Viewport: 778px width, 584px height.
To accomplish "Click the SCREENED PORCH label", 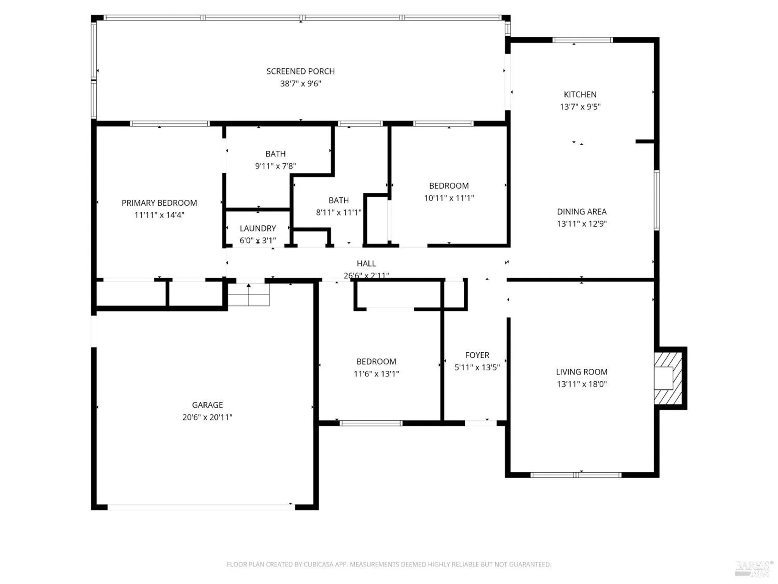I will (x=300, y=71).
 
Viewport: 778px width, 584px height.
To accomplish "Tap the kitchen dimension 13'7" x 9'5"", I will (x=580, y=107).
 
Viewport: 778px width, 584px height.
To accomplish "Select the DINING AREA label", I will (x=582, y=211).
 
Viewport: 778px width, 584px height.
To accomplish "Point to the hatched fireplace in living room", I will (x=668, y=378).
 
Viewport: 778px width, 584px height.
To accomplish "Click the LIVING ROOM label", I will (x=582, y=372).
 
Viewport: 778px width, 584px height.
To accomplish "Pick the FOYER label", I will (x=477, y=355).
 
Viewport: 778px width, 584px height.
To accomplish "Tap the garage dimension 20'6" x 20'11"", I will (x=207, y=417).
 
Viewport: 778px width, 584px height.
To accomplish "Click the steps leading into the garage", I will (x=249, y=295).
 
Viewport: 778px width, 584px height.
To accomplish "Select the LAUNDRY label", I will (x=258, y=228).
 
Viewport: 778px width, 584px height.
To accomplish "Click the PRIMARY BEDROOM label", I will (x=159, y=203).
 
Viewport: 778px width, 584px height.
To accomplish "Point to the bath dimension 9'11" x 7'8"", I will (x=275, y=166).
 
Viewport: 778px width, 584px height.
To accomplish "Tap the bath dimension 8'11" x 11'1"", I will (x=338, y=213).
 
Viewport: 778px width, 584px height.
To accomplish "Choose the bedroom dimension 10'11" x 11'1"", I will (x=449, y=198).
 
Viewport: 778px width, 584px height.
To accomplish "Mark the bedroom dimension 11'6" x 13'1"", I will (x=376, y=374).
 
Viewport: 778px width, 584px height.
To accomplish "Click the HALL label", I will (x=366, y=264).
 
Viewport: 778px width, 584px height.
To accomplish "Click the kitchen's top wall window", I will (x=582, y=40).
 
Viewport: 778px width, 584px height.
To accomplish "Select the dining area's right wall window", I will (x=657, y=200).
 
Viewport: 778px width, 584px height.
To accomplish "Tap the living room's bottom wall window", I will (x=576, y=475).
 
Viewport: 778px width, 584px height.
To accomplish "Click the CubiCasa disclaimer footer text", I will (x=389, y=564).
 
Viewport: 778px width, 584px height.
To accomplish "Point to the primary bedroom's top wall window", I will (x=170, y=124).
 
